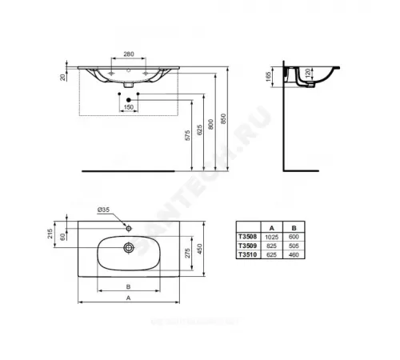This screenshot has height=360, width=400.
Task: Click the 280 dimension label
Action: (128, 55)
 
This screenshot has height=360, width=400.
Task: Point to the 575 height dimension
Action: (189, 135)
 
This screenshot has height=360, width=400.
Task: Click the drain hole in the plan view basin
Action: (127, 247)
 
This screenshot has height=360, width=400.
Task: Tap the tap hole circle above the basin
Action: (127, 226)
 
